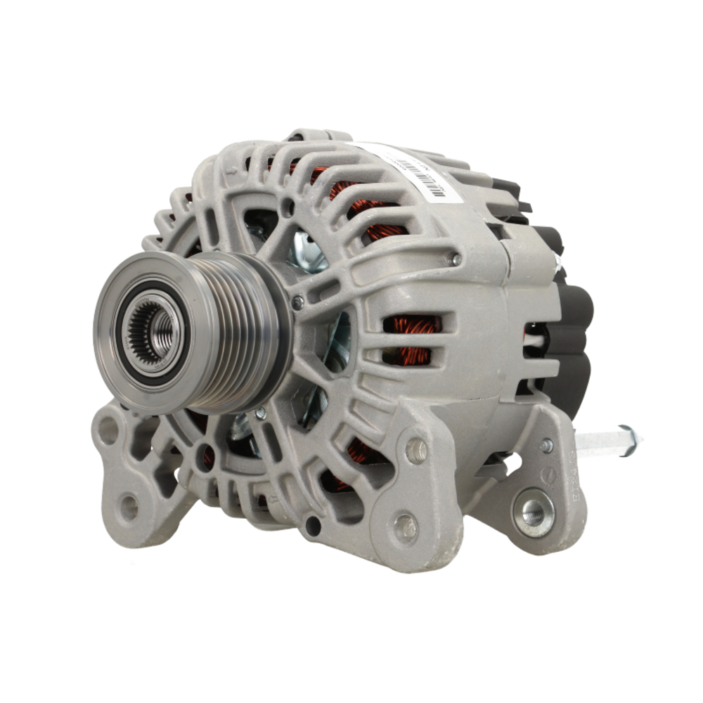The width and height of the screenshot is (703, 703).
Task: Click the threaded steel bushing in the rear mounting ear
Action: click(x=532, y=511)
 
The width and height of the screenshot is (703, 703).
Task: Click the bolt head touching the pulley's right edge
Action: click(x=297, y=303)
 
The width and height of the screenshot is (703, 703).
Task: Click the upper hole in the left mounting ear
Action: click(x=108, y=430)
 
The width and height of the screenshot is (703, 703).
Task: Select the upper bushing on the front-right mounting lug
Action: click(x=416, y=451)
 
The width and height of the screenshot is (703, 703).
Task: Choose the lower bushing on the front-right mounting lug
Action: click(x=406, y=527)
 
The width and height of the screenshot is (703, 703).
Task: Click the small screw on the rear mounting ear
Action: click(x=546, y=445)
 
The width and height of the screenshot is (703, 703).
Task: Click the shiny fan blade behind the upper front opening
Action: click(x=309, y=250)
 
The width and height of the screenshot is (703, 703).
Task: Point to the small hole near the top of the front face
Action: click(x=288, y=207)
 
